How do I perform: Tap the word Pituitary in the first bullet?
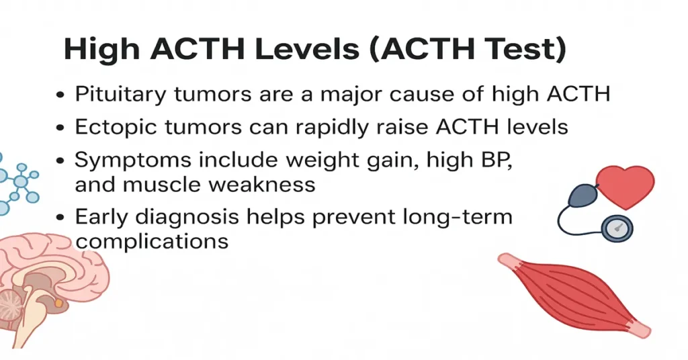119,94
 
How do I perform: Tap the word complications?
152,240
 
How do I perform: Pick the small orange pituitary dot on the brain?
60,304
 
